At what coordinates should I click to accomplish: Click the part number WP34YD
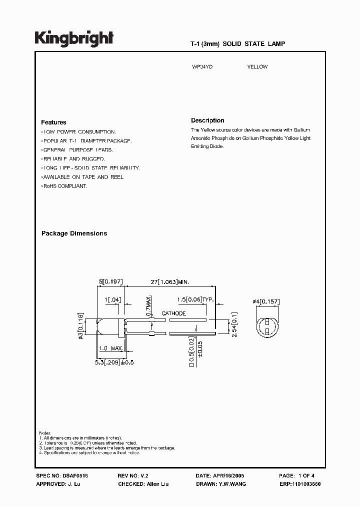pos(199,66)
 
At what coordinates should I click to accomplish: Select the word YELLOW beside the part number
pos(257,66)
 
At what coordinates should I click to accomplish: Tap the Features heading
pos(53,122)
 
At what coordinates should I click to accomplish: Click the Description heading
pos(207,120)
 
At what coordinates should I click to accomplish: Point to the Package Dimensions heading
pos(74,233)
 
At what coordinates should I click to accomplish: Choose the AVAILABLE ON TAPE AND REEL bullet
pos(83,177)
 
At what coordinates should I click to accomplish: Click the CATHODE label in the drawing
pos(173,313)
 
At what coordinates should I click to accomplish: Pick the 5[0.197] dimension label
pos(111,281)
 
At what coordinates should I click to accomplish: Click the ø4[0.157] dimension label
pos(266,301)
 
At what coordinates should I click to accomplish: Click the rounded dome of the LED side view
pos(99,326)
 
